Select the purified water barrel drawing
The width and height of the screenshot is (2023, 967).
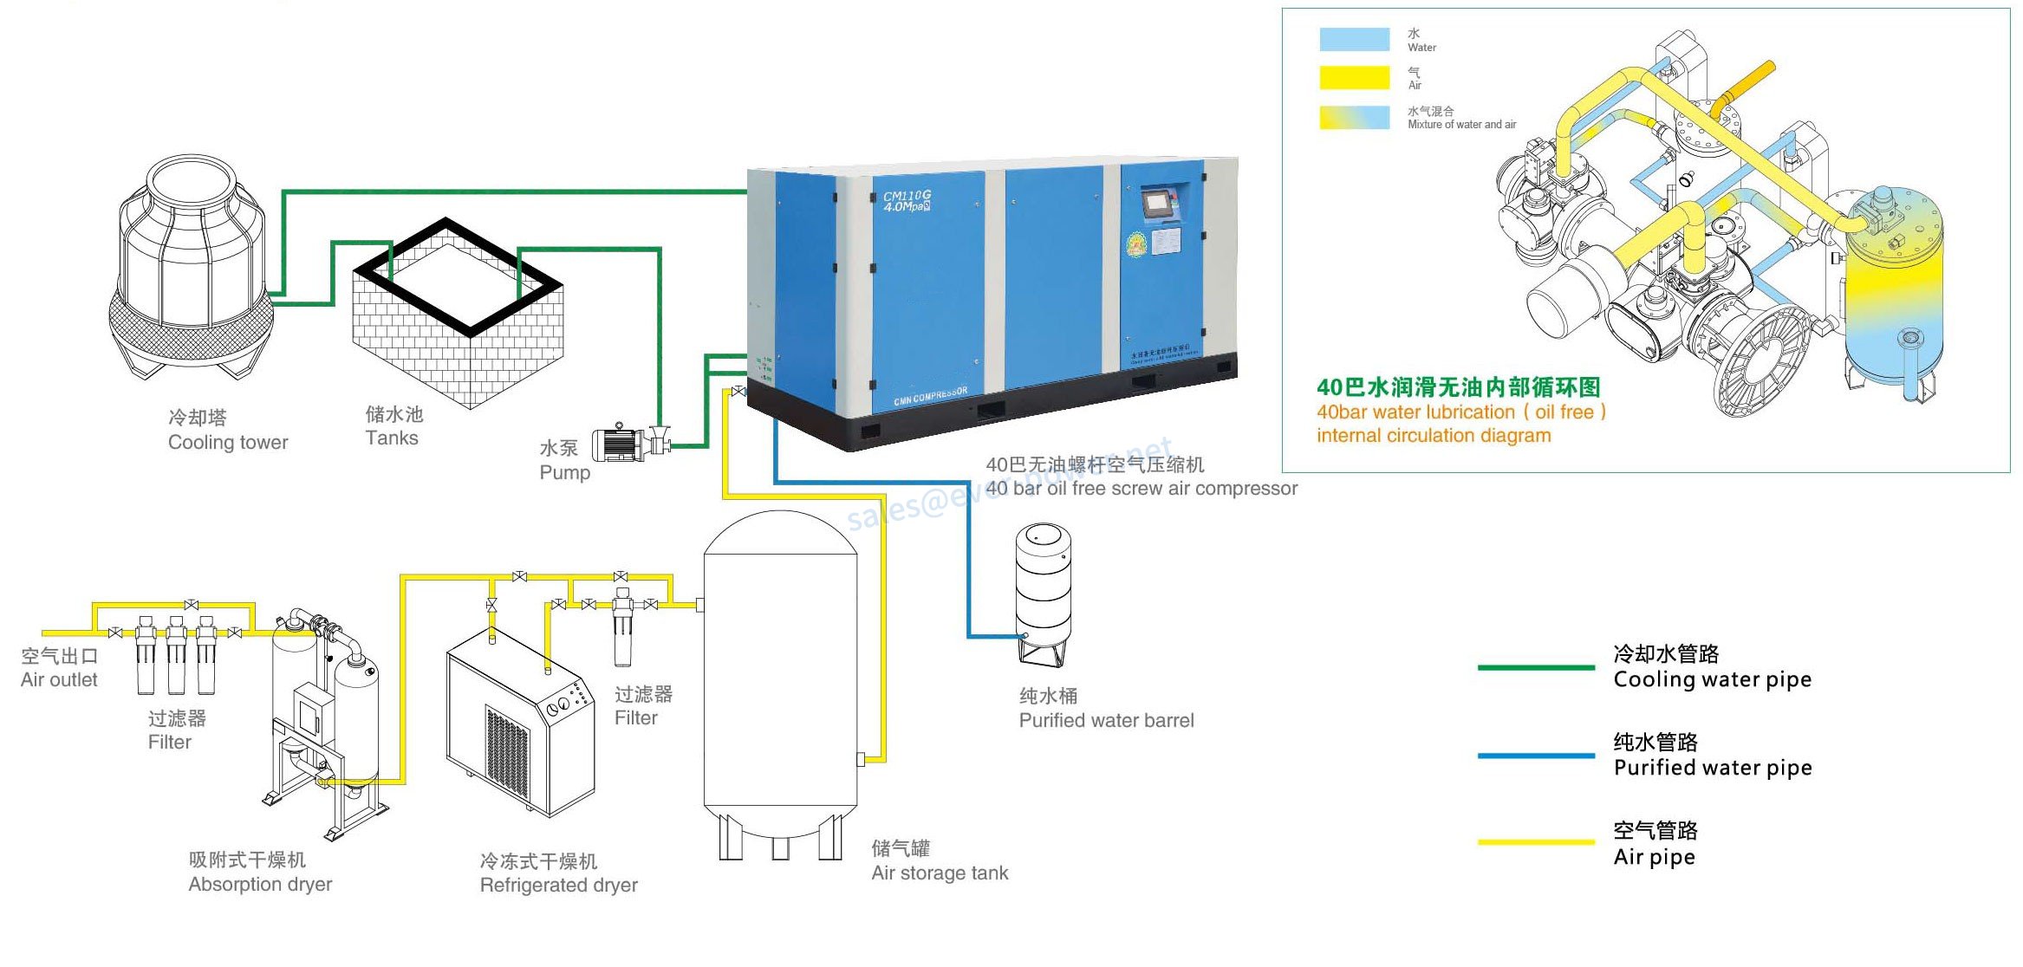pos(1044,593)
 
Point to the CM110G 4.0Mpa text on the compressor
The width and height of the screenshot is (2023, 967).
pos(907,201)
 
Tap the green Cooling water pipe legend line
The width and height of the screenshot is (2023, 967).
pos(1535,667)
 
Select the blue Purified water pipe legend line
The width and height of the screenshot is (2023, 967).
pos(1535,756)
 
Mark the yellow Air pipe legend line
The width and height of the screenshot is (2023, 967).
pos(1535,841)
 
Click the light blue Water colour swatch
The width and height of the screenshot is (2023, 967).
pos(1354,40)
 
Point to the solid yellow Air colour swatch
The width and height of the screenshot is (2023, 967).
pos(1354,78)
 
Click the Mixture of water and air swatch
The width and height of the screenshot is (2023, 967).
pos(1354,118)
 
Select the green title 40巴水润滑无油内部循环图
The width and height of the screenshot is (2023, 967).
pos(1458,387)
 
